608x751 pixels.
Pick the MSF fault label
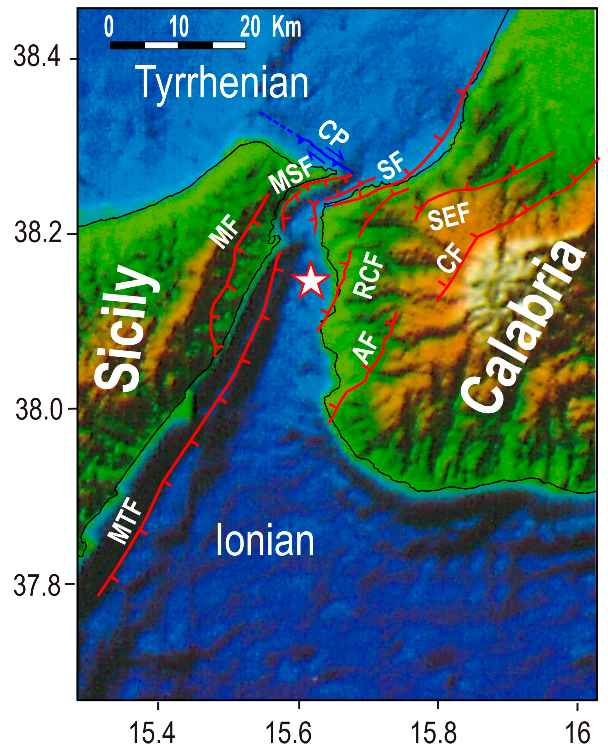[291, 175]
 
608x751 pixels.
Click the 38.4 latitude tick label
[37, 58]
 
